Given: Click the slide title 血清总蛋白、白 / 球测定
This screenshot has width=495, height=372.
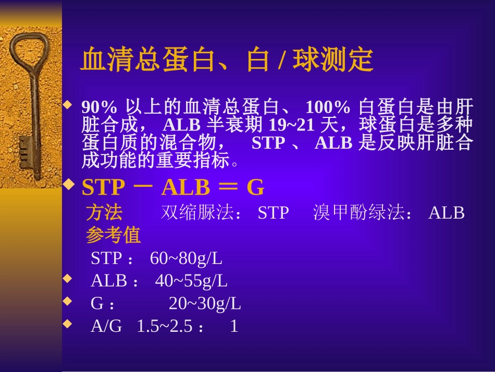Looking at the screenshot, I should pos(226,61).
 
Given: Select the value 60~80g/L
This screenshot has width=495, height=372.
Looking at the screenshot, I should pos(185,258).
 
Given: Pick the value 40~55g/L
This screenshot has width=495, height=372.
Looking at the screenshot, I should pos(191,281).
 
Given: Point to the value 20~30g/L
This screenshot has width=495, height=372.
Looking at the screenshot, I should pos(204,304).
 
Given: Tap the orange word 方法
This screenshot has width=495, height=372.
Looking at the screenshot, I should pos(104,213).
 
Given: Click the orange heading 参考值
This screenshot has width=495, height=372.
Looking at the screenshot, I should pos(113,236).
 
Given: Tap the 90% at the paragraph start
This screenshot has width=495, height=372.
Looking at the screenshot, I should pos(99,108).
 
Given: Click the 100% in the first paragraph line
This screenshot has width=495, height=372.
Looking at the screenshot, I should pos(327,108).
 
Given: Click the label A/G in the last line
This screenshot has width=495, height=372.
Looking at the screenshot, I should pos(106,327).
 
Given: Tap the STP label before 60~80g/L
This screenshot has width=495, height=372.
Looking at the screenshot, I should pos(106,258).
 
